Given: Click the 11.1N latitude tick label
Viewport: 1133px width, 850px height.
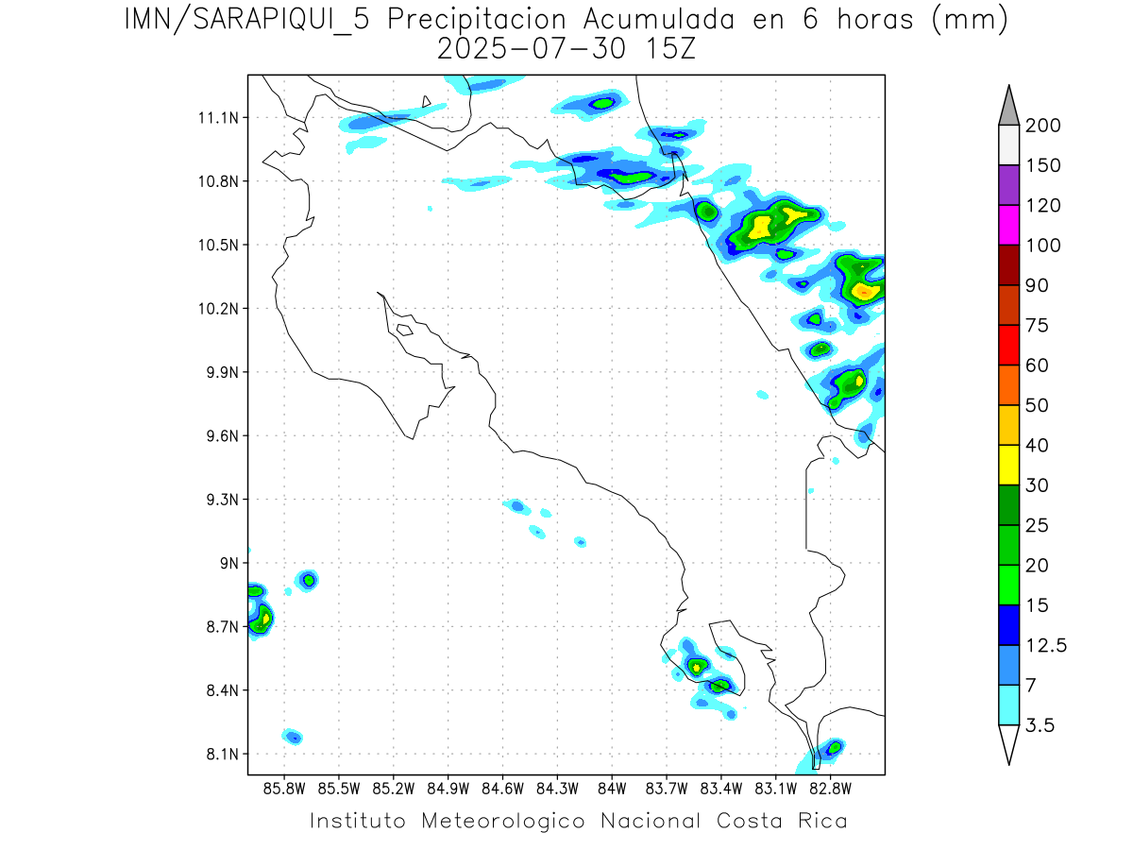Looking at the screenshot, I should [x=216, y=118].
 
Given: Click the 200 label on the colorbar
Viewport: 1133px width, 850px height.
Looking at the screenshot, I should [x=1042, y=126].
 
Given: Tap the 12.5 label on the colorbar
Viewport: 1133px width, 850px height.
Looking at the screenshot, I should [x=1046, y=645].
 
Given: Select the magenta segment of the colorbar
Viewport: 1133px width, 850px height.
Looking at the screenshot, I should [x=1007, y=225].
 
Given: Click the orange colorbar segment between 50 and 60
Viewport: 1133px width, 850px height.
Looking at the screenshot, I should [x=1007, y=384].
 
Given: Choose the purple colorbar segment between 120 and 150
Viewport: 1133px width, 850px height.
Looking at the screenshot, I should [x=1007, y=185].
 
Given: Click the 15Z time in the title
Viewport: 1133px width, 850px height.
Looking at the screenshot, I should [x=667, y=49].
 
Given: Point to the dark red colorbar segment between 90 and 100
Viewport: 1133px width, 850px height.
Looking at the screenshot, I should [x=1007, y=264].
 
